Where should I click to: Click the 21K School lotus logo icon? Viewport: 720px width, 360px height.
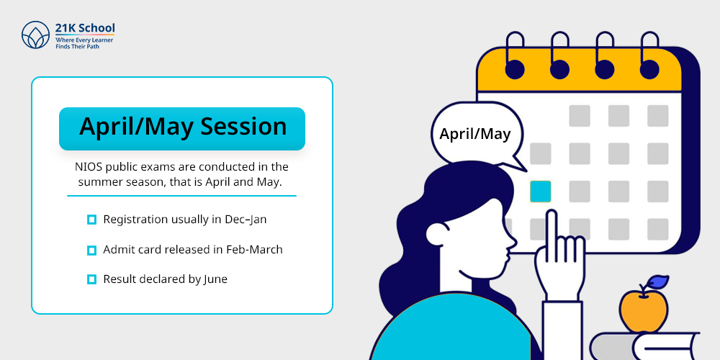tap(35, 35)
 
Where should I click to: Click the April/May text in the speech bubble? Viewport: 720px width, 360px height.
tap(474, 134)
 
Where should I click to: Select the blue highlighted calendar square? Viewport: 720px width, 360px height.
tap(541, 192)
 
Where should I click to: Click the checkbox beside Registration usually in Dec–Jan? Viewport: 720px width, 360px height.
tap(92, 220)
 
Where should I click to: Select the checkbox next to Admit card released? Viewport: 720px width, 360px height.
tap(92, 251)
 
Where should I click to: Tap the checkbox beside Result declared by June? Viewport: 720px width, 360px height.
tap(92, 279)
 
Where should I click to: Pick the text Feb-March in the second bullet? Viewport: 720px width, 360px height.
tap(254, 249)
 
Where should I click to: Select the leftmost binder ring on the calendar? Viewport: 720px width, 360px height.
tap(514, 55)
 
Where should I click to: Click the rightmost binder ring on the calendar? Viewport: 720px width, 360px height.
tap(649, 55)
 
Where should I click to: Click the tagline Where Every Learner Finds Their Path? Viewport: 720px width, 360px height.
tap(84, 43)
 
